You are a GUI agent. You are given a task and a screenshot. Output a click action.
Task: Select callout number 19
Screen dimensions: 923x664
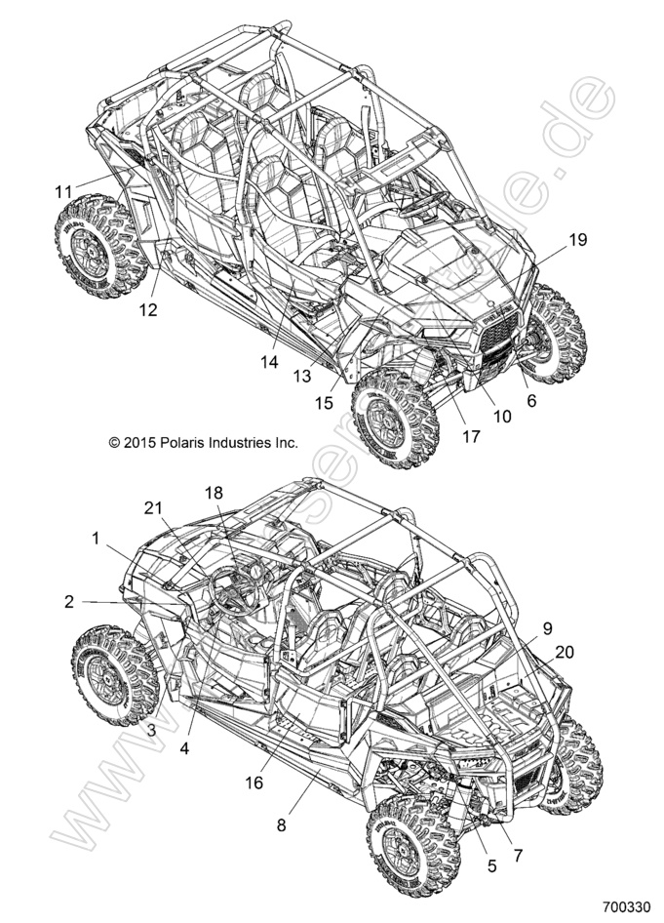click(577, 240)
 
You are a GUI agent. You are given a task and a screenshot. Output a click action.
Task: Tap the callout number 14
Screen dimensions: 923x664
click(270, 361)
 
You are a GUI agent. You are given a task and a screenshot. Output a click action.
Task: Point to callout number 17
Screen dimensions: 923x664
click(471, 436)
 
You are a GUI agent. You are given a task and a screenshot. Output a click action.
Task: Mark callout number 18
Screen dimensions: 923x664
click(213, 493)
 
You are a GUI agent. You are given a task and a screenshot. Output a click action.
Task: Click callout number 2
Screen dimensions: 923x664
click(69, 602)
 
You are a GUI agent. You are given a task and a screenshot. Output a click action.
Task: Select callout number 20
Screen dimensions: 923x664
click(564, 651)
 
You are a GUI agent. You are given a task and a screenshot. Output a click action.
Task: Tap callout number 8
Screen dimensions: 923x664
click(281, 825)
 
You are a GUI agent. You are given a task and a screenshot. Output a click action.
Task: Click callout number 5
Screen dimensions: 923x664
click(490, 863)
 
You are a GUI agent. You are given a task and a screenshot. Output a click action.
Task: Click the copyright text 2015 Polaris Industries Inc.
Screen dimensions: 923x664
click(203, 442)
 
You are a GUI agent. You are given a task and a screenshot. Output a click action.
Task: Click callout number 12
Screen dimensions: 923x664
click(147, 311)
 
